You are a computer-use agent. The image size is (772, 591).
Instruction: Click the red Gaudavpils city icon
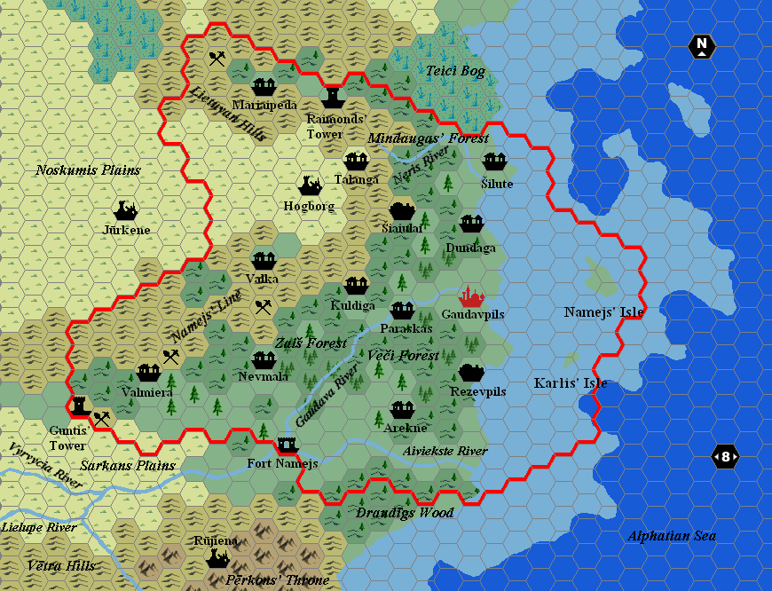pos(470,295)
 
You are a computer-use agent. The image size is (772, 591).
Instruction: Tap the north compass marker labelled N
pos(702,46)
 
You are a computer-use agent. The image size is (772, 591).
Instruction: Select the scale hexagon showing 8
pos(725,457)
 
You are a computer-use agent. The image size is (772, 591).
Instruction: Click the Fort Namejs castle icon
pos(287,444)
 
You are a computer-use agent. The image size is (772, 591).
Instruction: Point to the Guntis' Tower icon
pos(79,405)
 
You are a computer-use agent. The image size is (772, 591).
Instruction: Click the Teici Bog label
pos(455,71)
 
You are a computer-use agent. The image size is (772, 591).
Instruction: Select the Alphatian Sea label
pos(671,535)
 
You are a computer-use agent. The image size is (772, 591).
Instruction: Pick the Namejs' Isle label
pos(603,311)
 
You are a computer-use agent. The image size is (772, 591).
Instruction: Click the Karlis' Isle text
pos(571,383)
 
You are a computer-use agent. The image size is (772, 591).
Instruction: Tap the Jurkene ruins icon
pos(125,210)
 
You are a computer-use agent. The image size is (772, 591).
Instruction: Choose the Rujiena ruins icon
pos(217,559)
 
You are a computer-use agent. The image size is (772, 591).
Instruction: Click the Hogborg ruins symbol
pos(310,185)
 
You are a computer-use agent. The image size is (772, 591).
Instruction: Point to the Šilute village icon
pos(494,162)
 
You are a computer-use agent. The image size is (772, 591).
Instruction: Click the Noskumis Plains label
pos(88,169)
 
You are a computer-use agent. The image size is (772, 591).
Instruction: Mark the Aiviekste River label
pos(445,451)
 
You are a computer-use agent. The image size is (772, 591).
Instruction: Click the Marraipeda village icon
pos(264,86)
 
